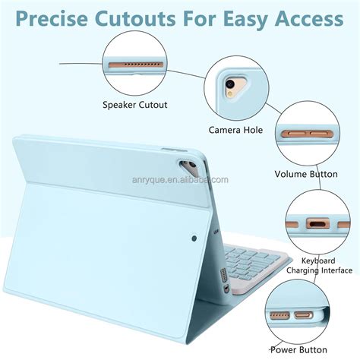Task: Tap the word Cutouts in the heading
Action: coord(135,19)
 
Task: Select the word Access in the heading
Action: coord(309,19)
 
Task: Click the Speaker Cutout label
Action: coord(135,105)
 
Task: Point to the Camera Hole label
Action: coord(235,130)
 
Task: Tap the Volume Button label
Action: coord(306,174)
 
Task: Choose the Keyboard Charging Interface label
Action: coord(319,266)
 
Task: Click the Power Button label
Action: coord(298,350)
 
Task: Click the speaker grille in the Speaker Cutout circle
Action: coord(135,65)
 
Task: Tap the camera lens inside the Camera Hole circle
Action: coord(230,84)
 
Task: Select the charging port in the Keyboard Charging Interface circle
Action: coord(318,224)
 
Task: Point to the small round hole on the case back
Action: coord(194,238)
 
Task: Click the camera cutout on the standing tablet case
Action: coord(188,167)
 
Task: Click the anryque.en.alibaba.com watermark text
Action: coord(180,180)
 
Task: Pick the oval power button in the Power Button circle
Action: coord(303,315)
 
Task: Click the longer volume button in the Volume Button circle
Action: coord(294,134)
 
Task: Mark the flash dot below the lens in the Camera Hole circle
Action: coord(229,94)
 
